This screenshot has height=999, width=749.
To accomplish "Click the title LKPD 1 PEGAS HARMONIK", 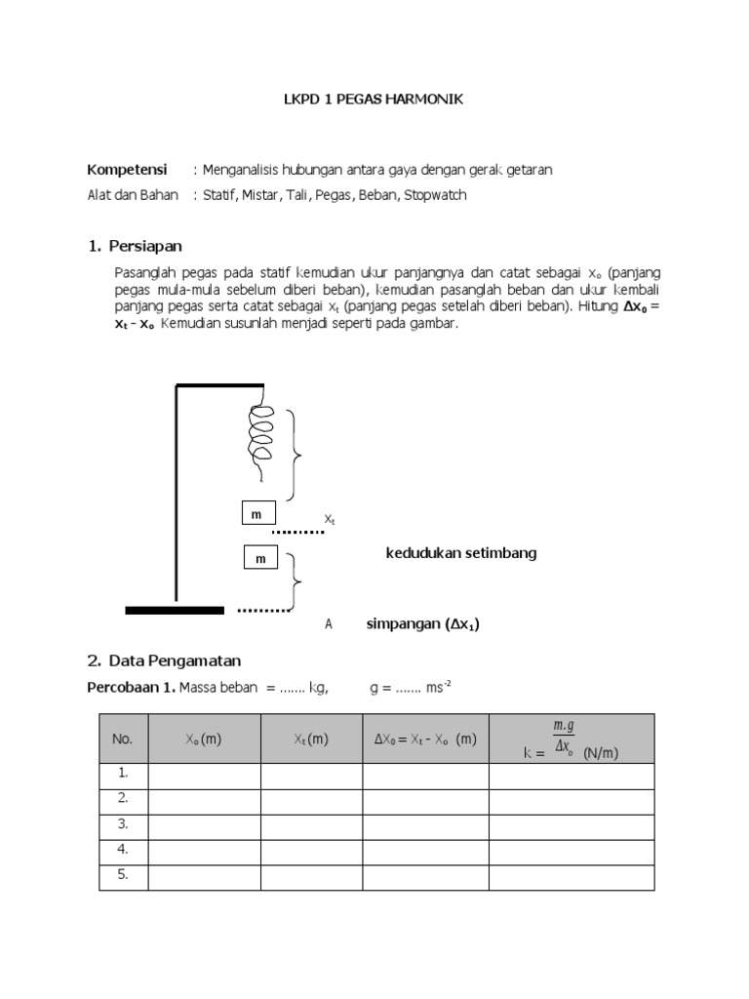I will tap(374, 100).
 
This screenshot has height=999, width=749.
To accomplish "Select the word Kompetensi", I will tap(128, 170).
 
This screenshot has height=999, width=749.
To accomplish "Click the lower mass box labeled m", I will tap(260, 559).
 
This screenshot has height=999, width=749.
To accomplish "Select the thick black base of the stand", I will tap(175, 610).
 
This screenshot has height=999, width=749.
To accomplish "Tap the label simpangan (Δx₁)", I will tap(422, 624).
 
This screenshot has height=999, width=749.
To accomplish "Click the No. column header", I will tap(123, 739).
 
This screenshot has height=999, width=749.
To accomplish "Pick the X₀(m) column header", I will tap(204, 739).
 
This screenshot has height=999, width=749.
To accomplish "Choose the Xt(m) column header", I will tap(311, 739).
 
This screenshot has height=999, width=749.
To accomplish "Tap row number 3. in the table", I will tap(123, 823).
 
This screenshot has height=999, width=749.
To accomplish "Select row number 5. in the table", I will tap(123, 874).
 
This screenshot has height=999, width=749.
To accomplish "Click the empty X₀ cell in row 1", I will tap(204, 774).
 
